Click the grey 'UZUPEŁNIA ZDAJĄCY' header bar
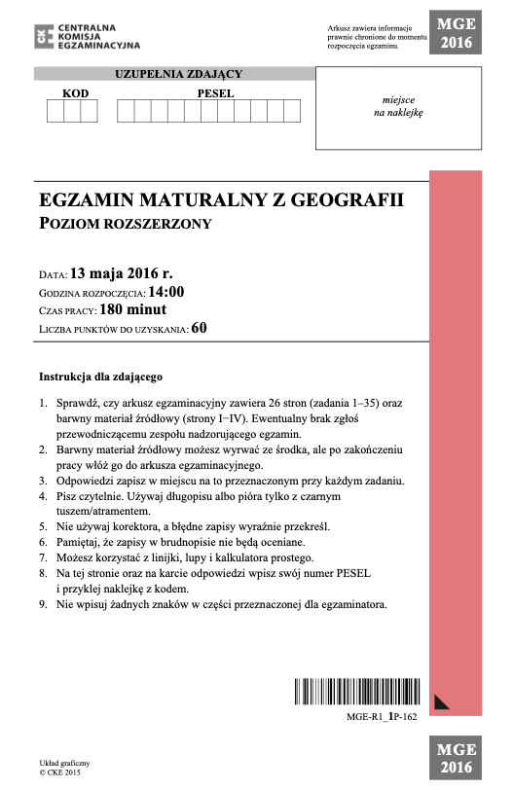pos(178,74)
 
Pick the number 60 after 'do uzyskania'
pos(200,328)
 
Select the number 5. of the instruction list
pos(43,525)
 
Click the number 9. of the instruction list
pos(43,604)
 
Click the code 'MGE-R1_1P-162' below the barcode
pos(382,716)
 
